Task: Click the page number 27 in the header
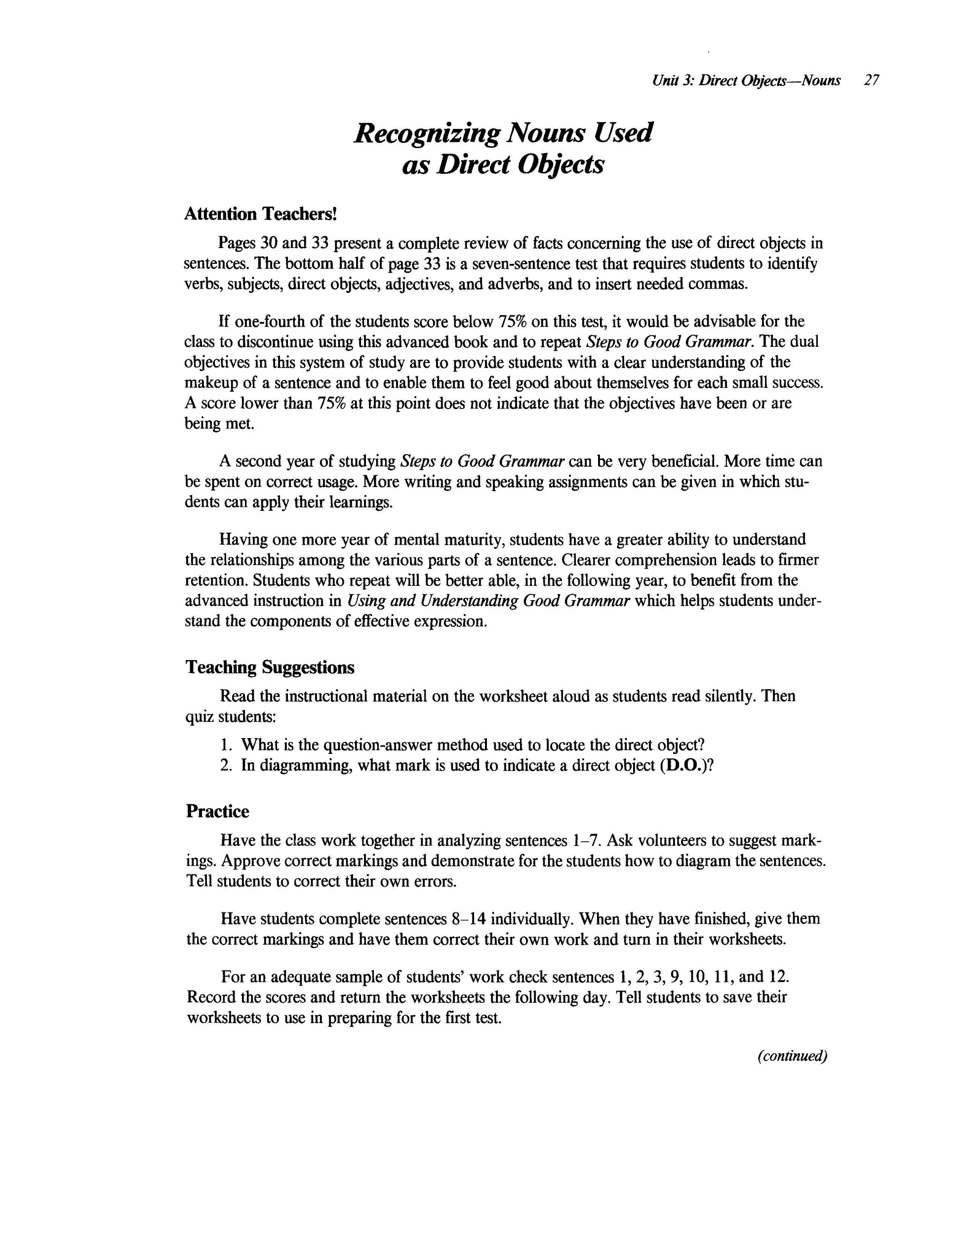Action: (871, 81)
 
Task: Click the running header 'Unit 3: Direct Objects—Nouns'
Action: (746, 81)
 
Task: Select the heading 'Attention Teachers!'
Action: (261, 214)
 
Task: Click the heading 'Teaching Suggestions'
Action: (270, 667)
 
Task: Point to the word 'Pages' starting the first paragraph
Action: (237, 243)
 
